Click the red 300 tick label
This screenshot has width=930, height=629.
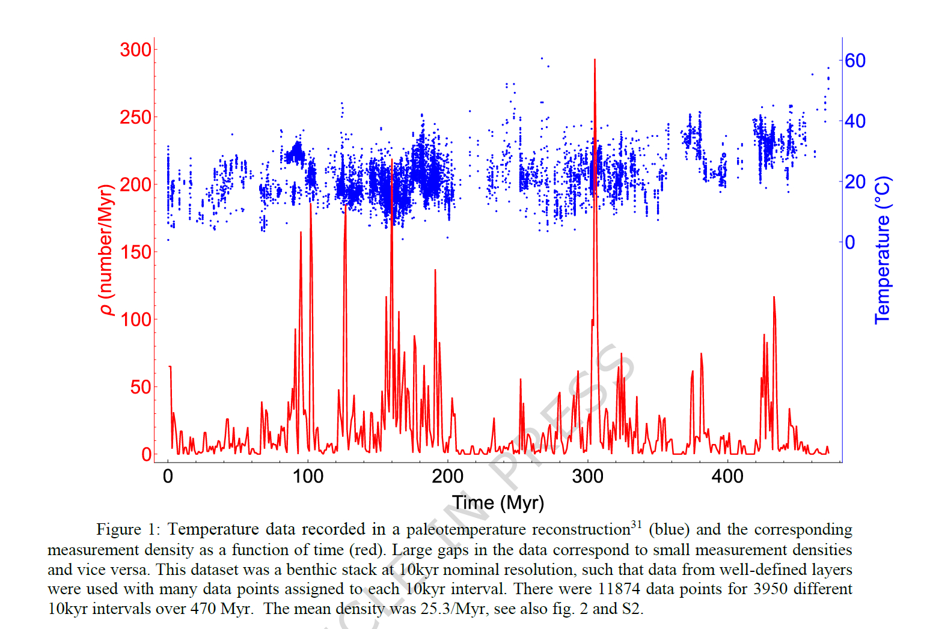click(x=135, y=50)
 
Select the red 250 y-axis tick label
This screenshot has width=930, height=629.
click(x=135, y=117)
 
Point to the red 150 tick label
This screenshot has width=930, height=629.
click(x=135, y=252)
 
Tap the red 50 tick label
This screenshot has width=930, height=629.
click(x=141, y=387)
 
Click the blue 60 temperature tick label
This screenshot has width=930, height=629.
click(x=855, y=61)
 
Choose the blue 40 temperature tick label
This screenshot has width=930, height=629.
click(x=855, y=121)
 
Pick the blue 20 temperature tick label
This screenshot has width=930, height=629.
click(x=855, y=181)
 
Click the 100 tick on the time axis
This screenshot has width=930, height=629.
click(x=308, y=476)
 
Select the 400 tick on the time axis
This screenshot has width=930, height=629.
click(x=727, y=476)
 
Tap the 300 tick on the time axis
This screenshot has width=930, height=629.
click(x=587, y=476)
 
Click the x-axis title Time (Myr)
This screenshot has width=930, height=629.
click(x=498, y=503)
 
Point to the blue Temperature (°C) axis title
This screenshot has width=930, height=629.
click(x=882, y=250)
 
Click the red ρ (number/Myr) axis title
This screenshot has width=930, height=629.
click(x=106, y=250)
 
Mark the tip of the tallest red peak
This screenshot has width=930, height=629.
click(x=595, y=59)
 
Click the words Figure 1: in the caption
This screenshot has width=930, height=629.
click(x=128, y=529)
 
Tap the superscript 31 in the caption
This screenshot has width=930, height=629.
click(x=636, y=524)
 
